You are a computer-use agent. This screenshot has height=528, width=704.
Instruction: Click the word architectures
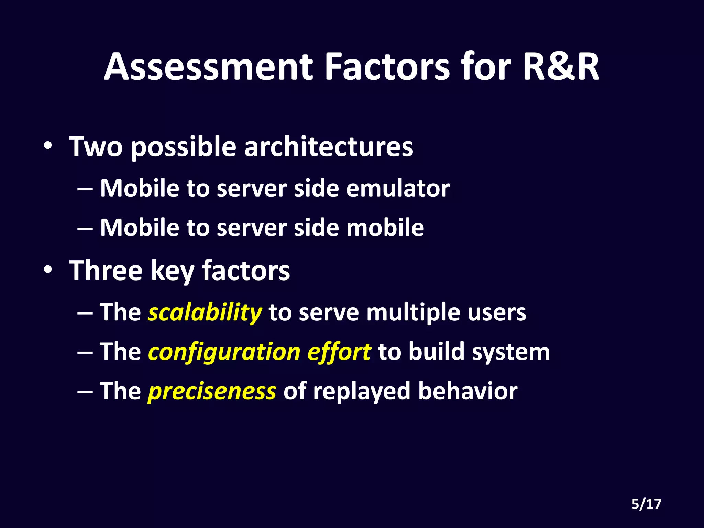tap(328, 147)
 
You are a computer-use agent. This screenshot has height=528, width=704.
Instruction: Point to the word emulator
tap(398, 189)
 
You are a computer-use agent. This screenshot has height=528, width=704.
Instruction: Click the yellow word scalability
tap(205, 313)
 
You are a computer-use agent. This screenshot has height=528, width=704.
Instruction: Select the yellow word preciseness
tap(212, 392)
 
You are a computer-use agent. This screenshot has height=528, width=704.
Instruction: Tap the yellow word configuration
tap(224, 352)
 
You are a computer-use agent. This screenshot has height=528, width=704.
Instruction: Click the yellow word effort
tap(339, 352)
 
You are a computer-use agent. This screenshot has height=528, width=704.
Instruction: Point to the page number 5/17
tap(646, 504)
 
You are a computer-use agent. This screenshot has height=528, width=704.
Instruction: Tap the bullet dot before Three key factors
tap(48, 270)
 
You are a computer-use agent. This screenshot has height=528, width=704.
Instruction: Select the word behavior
tap(467, 392)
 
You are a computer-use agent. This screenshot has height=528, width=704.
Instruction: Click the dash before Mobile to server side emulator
tap(85, 189)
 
